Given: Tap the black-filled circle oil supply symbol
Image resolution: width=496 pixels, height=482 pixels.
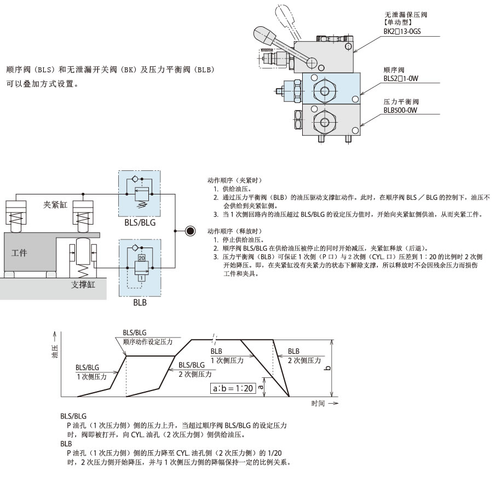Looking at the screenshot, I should tap(190, 231).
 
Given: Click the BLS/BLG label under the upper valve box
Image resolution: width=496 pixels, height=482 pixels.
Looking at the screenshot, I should tap(140, 223).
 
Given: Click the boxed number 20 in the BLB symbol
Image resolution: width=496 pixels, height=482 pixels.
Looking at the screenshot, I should tap(142, 257).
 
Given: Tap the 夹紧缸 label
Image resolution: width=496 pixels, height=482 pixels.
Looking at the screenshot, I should tap(55, 204).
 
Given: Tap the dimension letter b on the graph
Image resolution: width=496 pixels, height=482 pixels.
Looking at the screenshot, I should tap(327, 366).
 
